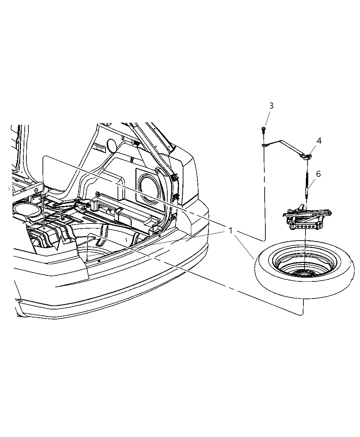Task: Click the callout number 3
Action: click(x=271, y=106)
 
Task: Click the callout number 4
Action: click(x=319, y=141)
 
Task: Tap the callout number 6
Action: click(x=318, y=174)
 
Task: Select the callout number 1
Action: click(x=231, y=231)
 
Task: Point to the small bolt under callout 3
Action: click(x=263, y=130)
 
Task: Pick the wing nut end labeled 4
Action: click(x=307, y=157)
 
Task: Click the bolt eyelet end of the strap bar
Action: click(x=264, y=145)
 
